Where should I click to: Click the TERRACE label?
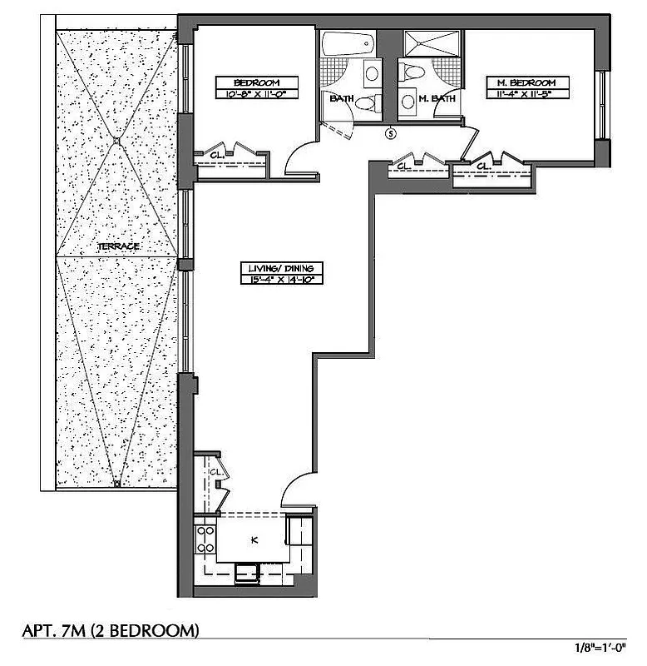coord(118,247)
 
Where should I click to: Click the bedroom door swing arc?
coord(299,158)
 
